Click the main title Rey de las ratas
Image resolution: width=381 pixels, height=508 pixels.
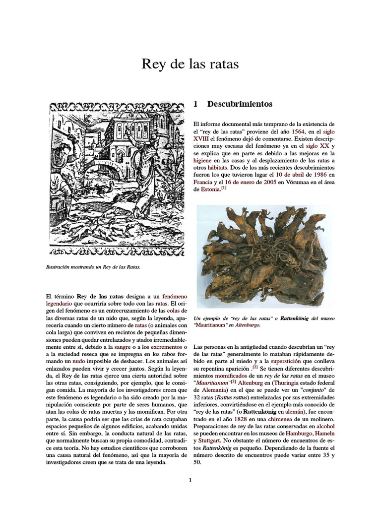190,64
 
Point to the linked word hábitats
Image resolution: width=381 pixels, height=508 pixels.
214,168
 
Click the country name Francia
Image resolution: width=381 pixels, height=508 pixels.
202,182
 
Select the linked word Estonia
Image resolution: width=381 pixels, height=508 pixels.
207,190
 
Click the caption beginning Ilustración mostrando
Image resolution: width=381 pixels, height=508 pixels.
93,267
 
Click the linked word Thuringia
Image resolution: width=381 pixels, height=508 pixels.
282,382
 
